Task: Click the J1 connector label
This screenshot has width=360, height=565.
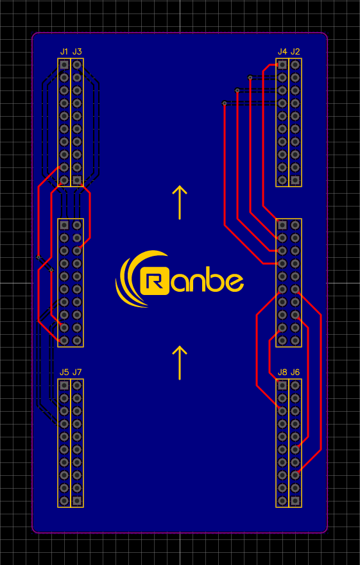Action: [x=64, y=51]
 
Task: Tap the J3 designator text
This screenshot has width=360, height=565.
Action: [x=77, y=51]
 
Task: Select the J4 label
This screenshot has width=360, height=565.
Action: [x=282, y=51]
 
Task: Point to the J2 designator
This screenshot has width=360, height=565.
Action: [x=295, y=51]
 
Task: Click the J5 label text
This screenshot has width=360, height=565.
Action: [x=64, y=372]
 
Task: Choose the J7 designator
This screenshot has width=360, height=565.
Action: [x=77, y=372]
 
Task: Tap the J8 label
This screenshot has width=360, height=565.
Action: [x=282, y=372]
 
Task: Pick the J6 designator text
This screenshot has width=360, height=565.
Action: [x=295, y=372]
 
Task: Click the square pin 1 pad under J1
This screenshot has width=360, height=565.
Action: [x=64, y=65]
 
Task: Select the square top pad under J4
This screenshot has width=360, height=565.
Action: [x=282, y=65]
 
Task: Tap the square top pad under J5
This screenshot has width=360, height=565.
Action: [x=64, y=385]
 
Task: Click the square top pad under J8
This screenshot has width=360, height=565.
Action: [x=282, y=385]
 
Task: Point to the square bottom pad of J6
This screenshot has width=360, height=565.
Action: [x=295, y=500]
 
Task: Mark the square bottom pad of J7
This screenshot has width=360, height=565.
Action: [x=77, y=500]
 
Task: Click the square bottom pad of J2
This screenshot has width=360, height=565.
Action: [x=295, y=180]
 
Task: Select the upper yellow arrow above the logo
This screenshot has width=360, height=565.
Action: [x=180, y=203]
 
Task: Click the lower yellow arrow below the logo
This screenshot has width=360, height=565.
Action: [x=180, y=363]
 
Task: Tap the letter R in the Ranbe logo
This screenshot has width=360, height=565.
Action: [x=155, y=281]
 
